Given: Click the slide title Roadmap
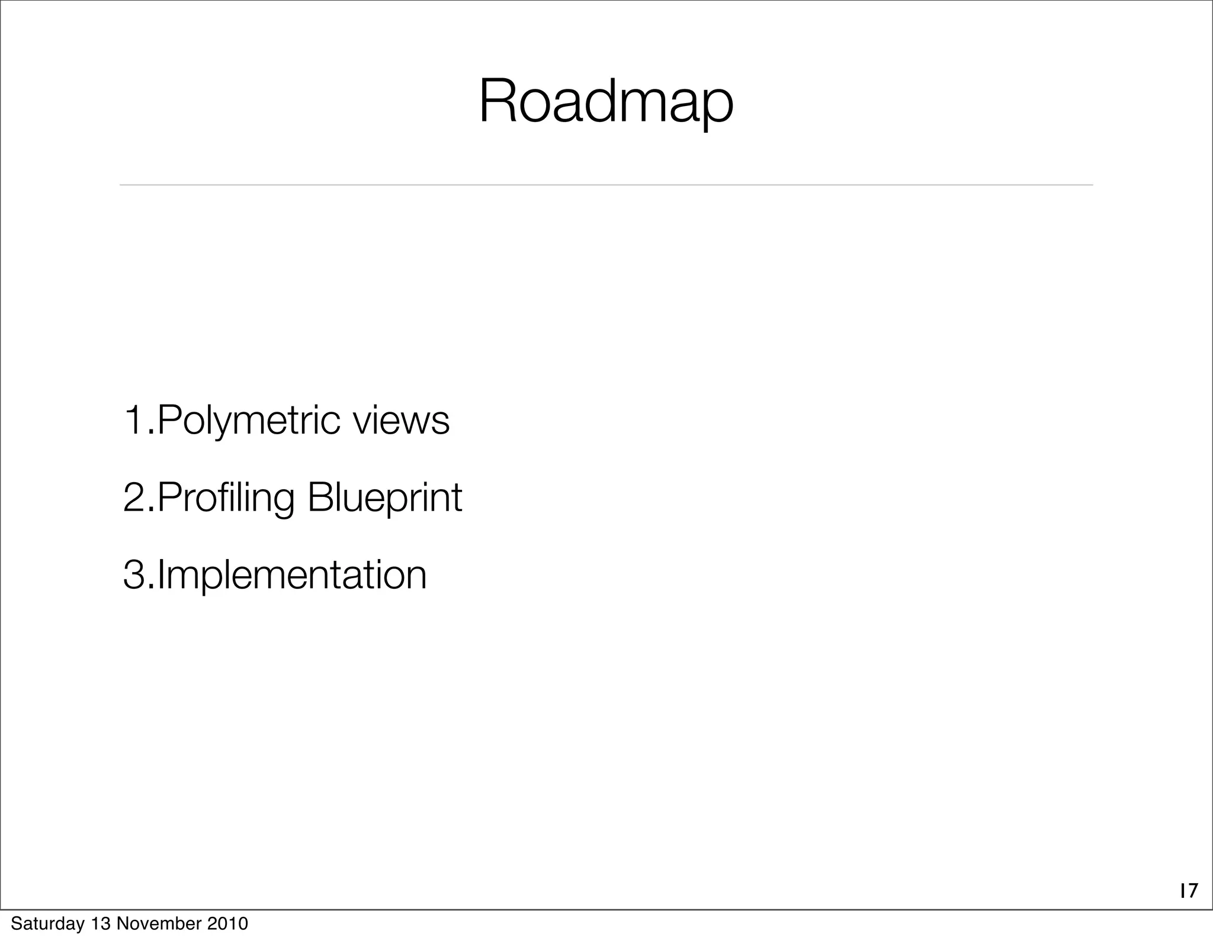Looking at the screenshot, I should (x=606, y=102).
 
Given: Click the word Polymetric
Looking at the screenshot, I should (x=249, y=421).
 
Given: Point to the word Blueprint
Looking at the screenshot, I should (x=384, y=498).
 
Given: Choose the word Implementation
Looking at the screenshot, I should (x=291, y=575).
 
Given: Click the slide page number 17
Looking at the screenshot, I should (x=1188, y=907).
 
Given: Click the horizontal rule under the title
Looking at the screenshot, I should (x=606, y=185).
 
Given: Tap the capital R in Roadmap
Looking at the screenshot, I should (x=496, y=102).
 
